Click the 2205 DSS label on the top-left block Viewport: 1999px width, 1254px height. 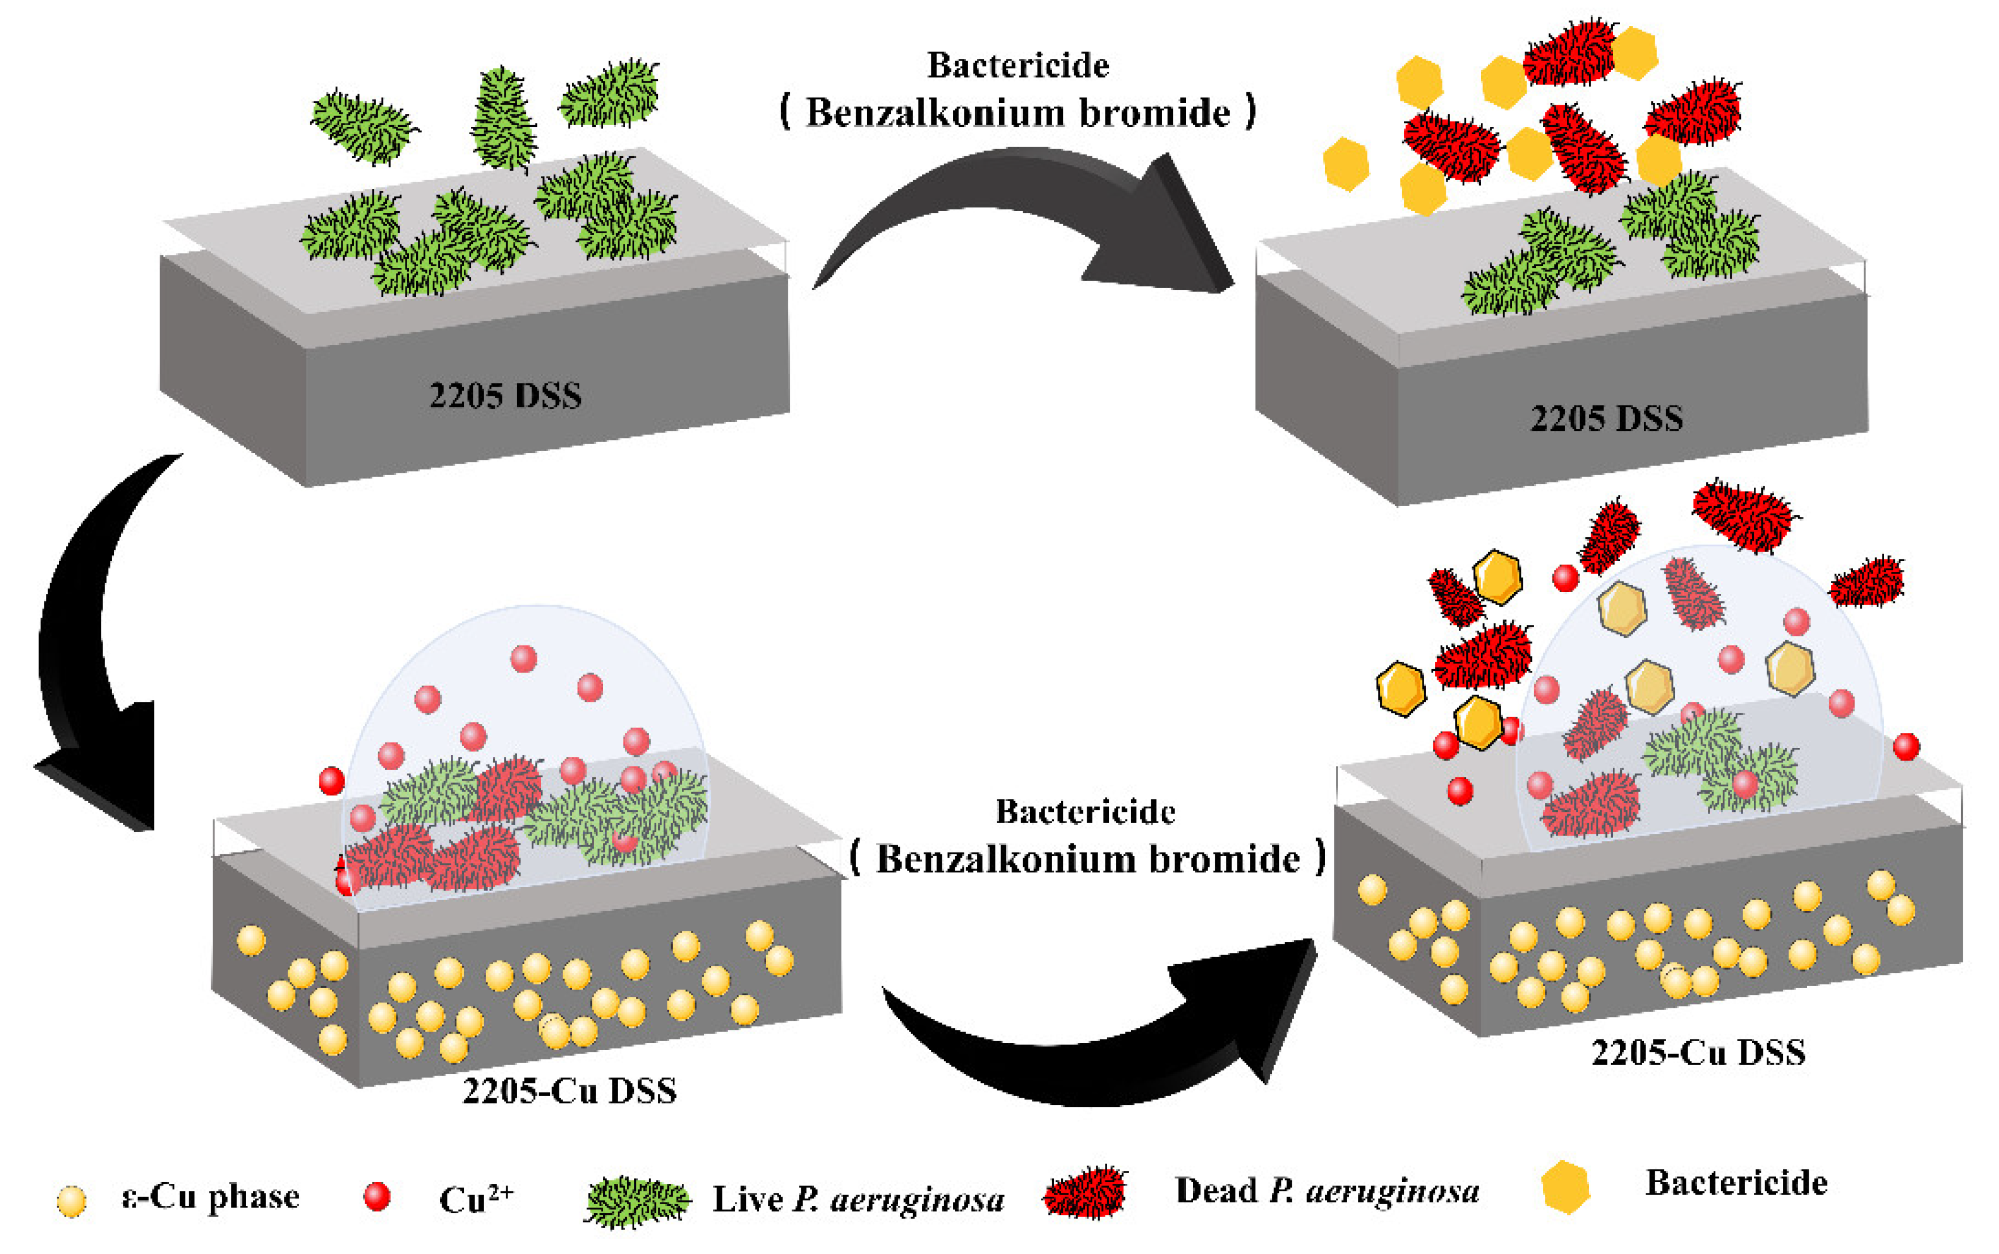tap(505, 395)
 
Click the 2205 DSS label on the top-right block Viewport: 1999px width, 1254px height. tap(1606, 418)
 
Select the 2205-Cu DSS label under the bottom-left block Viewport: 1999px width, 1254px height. tap(569, 1090)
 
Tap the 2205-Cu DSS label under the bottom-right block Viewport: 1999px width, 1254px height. tap(1698, 1052)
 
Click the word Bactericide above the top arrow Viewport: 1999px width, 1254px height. tap(1018, 66)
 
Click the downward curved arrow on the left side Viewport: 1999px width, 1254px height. tap(91, 647)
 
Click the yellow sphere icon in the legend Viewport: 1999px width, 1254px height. tap(71, 1200)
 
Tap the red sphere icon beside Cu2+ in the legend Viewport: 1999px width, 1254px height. tap(377, 1196)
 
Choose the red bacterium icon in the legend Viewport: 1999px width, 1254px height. tap(1084, 1193)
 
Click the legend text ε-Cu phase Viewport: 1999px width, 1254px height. tap(210, 1197)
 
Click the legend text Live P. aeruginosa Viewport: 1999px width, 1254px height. tap(858, 1199)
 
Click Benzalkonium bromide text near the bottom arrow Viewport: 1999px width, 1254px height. tap(1088, 859)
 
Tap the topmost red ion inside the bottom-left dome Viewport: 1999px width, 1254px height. tap(523, 658)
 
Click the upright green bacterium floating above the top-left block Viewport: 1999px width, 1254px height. tap(503, 118)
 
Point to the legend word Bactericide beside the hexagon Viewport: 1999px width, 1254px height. tap(1736, 1183)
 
